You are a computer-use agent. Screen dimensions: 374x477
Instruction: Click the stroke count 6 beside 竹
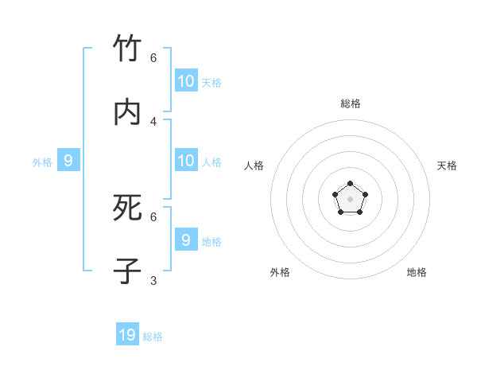[153, 57]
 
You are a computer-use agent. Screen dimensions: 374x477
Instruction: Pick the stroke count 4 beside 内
[153, 121]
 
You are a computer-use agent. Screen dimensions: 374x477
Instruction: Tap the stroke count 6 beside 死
[153, 216]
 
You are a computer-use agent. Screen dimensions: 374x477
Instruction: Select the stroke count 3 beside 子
[153, 280]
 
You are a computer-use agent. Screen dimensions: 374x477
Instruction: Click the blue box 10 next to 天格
[186, 80]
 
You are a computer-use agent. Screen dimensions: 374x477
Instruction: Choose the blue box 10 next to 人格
[186, 160]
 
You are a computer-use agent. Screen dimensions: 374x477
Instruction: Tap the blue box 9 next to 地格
[186, 240]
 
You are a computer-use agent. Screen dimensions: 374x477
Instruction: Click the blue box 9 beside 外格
[68, 161]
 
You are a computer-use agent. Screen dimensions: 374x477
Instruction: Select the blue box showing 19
[127, 334]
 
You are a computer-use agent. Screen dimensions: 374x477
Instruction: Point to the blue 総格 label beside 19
[153, 337]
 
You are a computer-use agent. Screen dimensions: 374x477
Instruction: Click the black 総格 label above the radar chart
[350, 103]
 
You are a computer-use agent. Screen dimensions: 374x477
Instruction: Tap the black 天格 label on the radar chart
[447, 166]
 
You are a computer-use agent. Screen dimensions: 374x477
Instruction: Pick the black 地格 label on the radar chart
[417, 272]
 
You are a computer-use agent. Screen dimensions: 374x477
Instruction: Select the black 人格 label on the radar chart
[254, 166]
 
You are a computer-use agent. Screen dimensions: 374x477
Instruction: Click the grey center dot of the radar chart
[350, 199]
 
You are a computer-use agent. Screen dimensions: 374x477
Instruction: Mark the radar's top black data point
[350, 184]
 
